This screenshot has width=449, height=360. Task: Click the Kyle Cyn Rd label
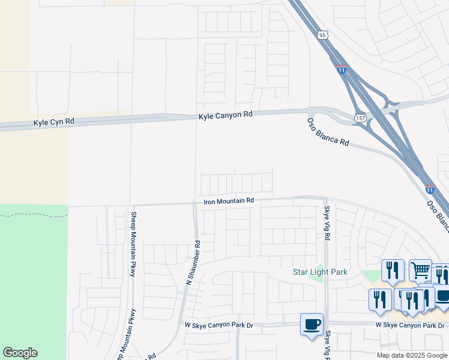click(x=54, y=122)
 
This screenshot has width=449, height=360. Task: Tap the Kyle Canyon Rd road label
click(x=226, y=114)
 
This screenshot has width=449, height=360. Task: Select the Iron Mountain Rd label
click(x=229, y=201)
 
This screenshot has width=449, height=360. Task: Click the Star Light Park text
click(x=320, y=272)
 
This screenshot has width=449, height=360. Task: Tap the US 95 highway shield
click(x=323, y=35)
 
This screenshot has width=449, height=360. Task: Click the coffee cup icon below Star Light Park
click(x=312, y=325)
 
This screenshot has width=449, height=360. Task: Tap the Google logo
click(x=20, y=353)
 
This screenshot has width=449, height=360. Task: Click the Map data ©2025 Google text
click(x=412, y=355)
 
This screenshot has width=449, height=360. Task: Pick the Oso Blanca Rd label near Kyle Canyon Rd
click(x=328, y=131)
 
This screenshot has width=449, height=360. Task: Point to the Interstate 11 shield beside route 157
click(x=342, y=70)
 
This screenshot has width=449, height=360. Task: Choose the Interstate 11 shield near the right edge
click(x=430, y=188)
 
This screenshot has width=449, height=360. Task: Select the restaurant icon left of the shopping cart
click(x=392, y=270)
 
